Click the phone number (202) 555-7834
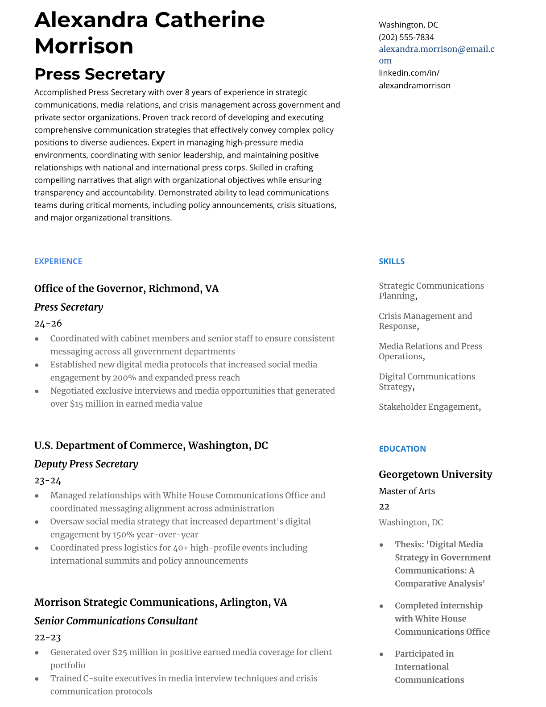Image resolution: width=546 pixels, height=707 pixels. point(406,37)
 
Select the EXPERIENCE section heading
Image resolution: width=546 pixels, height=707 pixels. point(58,262)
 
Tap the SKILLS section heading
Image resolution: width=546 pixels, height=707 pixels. point(392,262)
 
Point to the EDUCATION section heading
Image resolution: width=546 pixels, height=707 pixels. point(402,449)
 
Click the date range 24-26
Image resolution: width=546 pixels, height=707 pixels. point(48,324)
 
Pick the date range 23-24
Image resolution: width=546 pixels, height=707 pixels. point(48,481)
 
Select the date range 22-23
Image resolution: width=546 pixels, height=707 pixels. point(48,637)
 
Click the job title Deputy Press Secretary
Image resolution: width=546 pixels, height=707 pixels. point(86,464)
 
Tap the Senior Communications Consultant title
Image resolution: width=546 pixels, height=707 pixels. point(116,621)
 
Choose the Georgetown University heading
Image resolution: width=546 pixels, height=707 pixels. point(435,474)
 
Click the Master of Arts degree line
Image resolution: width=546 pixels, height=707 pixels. point(407,491)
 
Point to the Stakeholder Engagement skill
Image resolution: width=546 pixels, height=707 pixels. point(429,407)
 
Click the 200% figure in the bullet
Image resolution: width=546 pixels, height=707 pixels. point(124,378)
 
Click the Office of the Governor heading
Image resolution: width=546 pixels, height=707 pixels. point(127,289)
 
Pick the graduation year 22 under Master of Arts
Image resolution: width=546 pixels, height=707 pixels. point(384,507)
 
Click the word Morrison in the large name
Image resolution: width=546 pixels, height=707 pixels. point(84,46)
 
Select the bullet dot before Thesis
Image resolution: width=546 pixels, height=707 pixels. point(381,545)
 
